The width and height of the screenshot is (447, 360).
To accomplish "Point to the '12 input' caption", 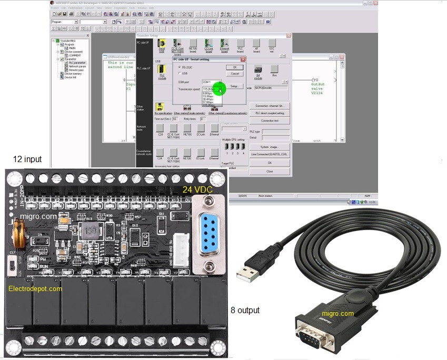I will click(x=27, y=159).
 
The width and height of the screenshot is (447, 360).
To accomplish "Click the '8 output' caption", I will click(x=245, y=311).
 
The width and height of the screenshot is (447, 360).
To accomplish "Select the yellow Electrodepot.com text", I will click(x=35, y=288).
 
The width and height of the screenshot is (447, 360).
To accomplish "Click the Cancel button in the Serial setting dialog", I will click(x=235, y=74).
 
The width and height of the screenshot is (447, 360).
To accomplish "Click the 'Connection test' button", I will click(x=270, y=121).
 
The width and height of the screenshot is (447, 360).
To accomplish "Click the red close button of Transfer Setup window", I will click(x=288, y=35).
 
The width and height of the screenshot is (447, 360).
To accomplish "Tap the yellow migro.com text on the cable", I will click(x=337, y=314).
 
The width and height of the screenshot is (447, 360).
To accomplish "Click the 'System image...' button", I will click(x=270, y=147).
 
